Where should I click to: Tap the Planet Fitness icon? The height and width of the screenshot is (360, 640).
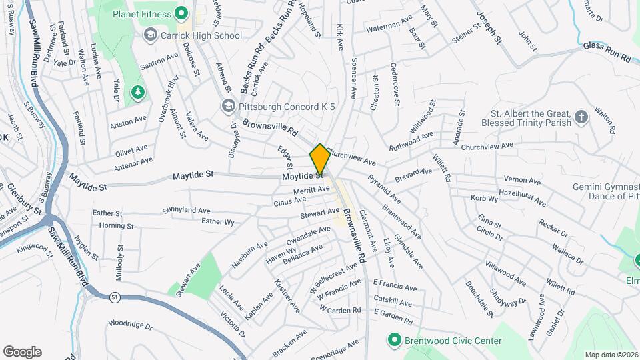(x=180, y=13)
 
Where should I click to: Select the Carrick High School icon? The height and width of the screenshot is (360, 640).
(x=151, y=35)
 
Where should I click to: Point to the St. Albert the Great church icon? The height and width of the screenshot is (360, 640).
(x=582, y=117)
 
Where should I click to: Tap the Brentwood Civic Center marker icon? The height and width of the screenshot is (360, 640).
(x=394, y=341)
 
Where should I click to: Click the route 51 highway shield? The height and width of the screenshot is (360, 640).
(x=116, y=298)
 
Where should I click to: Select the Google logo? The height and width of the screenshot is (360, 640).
(x=23, y=351)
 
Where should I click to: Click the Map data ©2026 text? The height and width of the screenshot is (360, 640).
(x=611, y=355)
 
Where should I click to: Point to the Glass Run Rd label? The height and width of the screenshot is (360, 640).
(x=606, y=53)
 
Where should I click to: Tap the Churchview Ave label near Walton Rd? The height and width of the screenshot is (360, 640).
(x=487, y=145)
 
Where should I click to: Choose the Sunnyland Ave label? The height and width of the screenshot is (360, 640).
(x=186, y=211)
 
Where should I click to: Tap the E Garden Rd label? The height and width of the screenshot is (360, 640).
(x=394, y=313)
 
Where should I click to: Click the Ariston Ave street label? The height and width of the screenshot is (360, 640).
(x=129, y=120)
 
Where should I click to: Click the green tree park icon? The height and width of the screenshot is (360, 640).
(x=138, y=92)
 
